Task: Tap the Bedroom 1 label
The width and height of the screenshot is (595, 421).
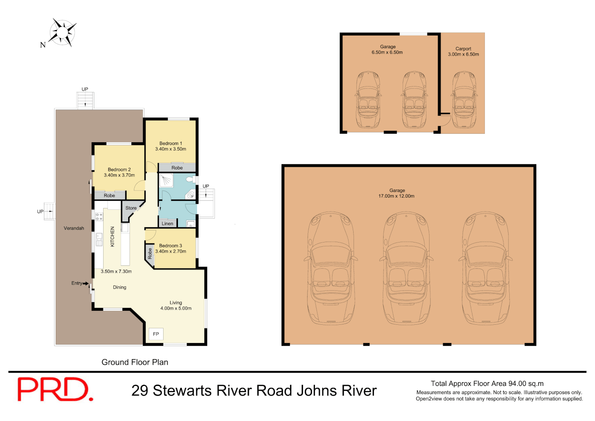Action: point(171,143)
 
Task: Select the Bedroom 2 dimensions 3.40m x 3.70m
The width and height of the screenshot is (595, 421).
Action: point(119,175)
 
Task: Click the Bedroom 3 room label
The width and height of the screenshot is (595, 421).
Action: point(171,246)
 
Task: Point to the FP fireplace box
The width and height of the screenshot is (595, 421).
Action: point(156,334)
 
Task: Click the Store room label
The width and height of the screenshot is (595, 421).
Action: point(131,208)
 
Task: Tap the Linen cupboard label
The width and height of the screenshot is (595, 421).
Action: point(167,224)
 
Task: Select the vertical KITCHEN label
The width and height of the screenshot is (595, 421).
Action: point(113,237)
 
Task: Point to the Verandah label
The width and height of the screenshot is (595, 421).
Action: point(74,228)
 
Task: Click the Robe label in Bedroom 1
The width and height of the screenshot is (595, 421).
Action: point(177,168)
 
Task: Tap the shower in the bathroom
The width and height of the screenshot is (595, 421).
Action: point(166,180)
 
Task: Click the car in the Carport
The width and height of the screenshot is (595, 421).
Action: point(464,99)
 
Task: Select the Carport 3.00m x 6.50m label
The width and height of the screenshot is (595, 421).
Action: point(463,55)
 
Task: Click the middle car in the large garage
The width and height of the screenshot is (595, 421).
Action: point(406,269)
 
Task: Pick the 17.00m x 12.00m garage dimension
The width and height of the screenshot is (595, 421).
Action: point(396,196)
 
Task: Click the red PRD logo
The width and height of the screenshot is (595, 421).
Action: point(55,389)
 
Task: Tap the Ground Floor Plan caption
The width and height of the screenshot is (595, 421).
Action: point(135,362)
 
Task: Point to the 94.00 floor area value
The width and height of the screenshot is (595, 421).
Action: point(517,384)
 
